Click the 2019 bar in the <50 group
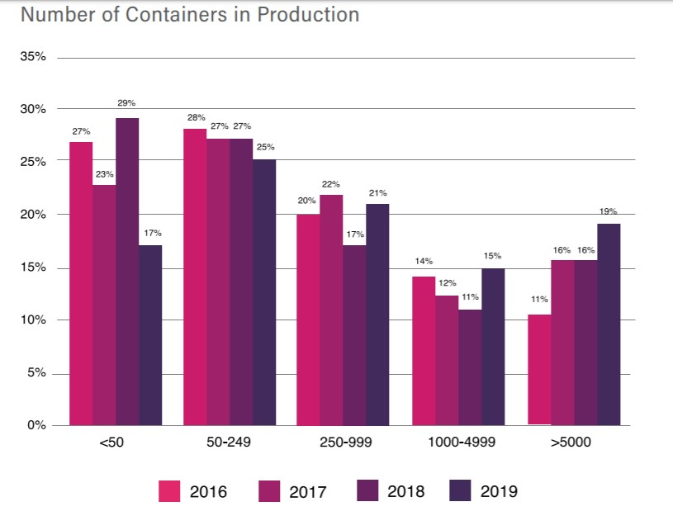pos(150,335)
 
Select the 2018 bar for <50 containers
pos(127,272)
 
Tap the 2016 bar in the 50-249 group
pos(196,277)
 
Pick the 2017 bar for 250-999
pos(331,310)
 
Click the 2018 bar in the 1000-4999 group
pos(470,367)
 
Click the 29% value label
pos(127,103)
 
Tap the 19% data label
pos(608,211)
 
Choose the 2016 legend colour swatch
pos(169,491)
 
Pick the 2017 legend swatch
pos(268,491)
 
